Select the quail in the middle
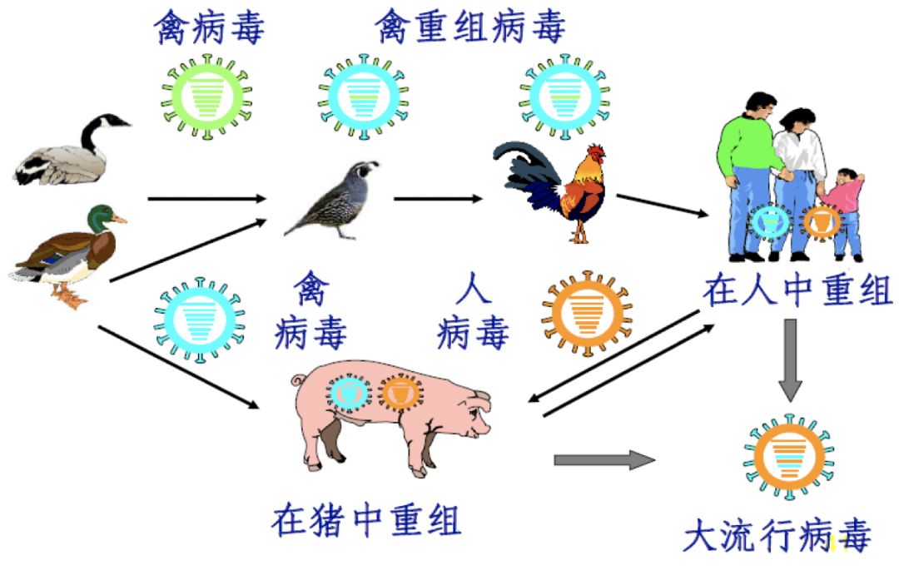(333, 200)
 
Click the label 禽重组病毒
(470, 27)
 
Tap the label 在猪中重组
(366, 522)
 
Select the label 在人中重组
(797, 291)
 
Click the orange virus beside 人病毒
(586, 312)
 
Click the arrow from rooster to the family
(663, 205)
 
